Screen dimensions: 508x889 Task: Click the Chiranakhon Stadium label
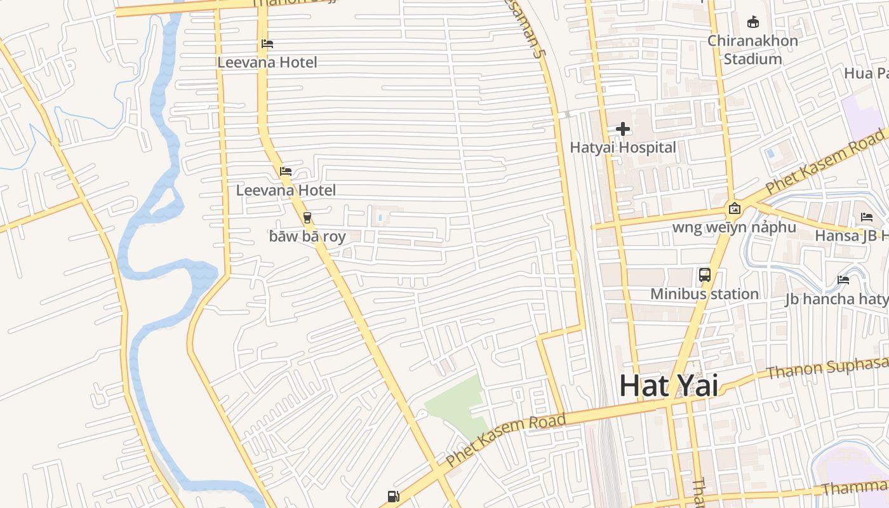coord(752,50)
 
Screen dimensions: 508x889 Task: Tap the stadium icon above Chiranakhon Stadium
coord(753,22)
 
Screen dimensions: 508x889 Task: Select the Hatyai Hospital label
coord(623,147)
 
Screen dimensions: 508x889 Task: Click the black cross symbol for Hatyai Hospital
coord(623,129)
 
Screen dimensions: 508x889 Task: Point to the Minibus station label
coord(704,294)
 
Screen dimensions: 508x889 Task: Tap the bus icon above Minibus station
coord(705,275)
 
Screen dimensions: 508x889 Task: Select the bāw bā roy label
coord(307,237)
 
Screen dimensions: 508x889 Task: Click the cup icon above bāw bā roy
coord(307,218)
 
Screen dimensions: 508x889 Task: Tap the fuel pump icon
coord(393,497)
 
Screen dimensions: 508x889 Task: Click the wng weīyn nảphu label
coord(734,227)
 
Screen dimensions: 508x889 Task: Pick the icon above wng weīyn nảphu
coord(735,208)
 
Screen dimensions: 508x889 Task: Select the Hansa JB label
coord(851,236)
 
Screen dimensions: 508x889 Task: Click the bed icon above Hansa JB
coord(867,217)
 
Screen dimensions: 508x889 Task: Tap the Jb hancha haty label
coord(836,299)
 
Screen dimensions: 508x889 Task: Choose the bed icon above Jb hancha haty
coord(843,280)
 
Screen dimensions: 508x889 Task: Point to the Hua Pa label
coord(866,74)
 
